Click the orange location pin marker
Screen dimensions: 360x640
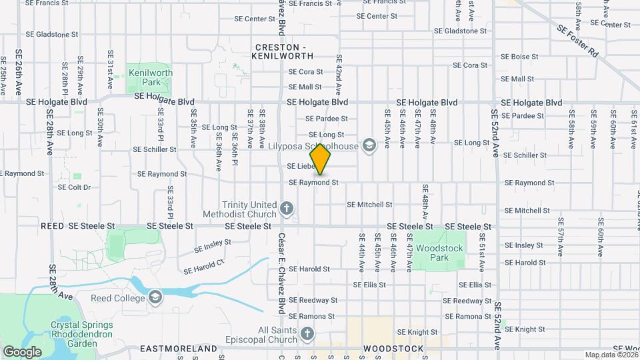(321, 159)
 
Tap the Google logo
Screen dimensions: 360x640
(22, 351)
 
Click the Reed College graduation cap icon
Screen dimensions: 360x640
(155, 297)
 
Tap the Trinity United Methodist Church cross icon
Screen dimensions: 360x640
(287, 209)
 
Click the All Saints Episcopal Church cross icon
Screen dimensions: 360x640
(307, 333)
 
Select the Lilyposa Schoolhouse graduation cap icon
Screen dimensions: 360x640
(369, 146)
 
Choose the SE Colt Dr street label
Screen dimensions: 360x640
(74, 187)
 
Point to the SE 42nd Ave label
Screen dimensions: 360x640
(339, 74)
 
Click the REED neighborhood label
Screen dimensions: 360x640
(52, 227)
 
